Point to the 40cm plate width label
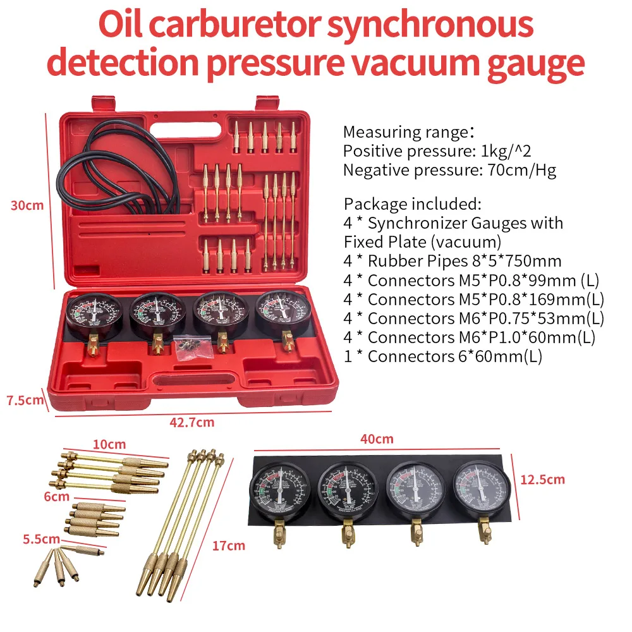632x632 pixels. tap(378, 439)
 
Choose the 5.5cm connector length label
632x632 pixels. tap(40, 539)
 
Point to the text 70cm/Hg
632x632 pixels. tap(521, 170)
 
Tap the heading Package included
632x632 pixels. tap(412, 204)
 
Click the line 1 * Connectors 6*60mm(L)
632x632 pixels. tap(442, 356)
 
